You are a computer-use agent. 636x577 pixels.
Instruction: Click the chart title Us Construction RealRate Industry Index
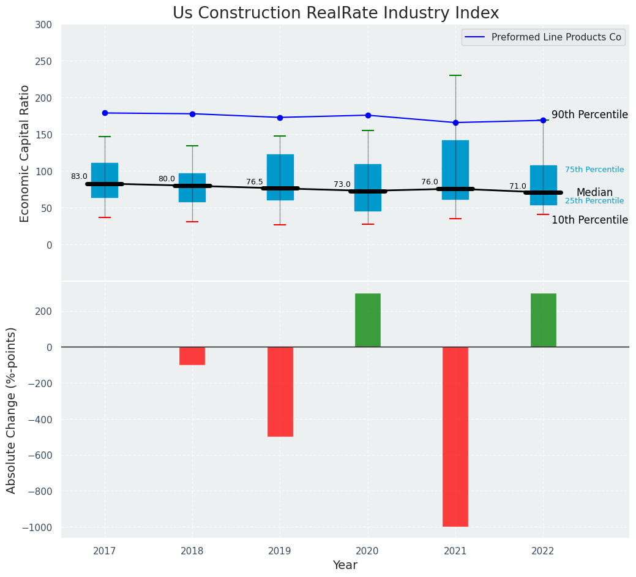(335, 13)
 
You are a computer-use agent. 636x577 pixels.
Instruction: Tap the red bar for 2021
(455, 436)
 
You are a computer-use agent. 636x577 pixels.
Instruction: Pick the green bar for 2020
(368, 320)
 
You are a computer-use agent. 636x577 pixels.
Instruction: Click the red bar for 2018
(192, 356)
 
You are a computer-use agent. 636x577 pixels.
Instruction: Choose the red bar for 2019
(280, 391)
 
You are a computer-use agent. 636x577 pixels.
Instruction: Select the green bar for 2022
(544, 320)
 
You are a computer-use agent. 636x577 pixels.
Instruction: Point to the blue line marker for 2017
(105, 113)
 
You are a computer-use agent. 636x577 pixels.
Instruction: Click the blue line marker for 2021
(455, 123)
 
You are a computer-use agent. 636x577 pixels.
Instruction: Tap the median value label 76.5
(255, 182)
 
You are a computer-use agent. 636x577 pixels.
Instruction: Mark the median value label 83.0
(79, 176)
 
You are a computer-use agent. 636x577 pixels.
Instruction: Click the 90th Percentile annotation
(589, 115)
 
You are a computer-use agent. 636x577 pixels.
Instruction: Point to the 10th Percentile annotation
(589, 220)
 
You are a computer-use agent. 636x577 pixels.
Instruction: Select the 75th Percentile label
(594, 170)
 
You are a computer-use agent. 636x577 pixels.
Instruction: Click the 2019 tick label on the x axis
(280, 551)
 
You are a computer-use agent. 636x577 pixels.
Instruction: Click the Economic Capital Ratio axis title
(24, 153)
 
